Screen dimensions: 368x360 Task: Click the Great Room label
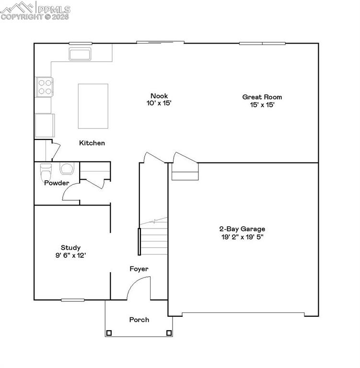coord(262,97)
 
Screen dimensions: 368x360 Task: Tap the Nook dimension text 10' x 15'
coord(159,103)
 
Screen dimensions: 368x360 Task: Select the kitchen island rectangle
coord(93,106)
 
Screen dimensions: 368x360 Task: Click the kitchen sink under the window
coord(80,54)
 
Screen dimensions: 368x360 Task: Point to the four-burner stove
coord(45,87)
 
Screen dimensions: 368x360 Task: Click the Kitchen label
coord(92,143)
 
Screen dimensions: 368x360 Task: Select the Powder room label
coord(57,183)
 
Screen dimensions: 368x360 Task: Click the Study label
coord(70,248)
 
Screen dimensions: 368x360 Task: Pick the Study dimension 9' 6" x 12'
coord(70,255)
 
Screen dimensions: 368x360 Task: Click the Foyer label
coord(139,269)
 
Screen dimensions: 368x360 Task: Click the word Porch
coord(139,320)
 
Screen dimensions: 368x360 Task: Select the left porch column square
coord(109,333)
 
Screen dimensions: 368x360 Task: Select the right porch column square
coord(168,333)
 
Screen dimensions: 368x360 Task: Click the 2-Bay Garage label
coord(242,229)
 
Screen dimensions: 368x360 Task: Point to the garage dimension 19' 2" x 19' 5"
coord(242,236)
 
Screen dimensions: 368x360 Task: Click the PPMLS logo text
coord(54,9)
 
